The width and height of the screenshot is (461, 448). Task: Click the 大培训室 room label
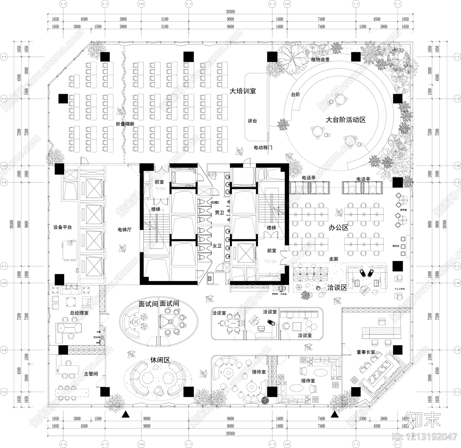tap(243, 91)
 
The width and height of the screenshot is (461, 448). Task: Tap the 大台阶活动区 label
tap(345, 120)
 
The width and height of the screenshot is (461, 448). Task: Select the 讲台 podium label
tap(252, 121)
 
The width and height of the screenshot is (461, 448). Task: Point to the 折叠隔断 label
tap(125, 124)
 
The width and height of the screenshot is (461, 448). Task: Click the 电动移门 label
tap(263, 148)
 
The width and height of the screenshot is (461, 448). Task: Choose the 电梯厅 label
tap(124, 230)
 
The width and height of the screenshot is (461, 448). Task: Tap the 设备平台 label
tap(63, 227)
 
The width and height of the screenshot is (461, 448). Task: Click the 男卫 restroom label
tap(219, 213)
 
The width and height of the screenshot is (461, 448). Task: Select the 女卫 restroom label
tap(217, 246)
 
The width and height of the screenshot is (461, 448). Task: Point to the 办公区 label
tap(339, 227)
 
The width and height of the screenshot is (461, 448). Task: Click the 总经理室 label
tap(79, 313)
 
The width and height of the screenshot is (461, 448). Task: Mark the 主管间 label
tap(91, 374)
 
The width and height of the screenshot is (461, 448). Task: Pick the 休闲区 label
tap(160, 360)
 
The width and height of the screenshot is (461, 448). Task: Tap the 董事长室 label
tap(365, 352)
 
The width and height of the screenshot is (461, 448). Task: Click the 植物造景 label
tap(320, 60)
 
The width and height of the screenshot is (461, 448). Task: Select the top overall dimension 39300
tap(230, 12)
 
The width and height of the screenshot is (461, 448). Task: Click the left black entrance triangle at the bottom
tap(125, 415)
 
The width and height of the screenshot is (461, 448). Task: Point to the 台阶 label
tap(296, 94)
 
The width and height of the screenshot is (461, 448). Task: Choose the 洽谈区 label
tap(337, 288)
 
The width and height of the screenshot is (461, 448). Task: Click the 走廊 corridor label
tap(333, 259)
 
